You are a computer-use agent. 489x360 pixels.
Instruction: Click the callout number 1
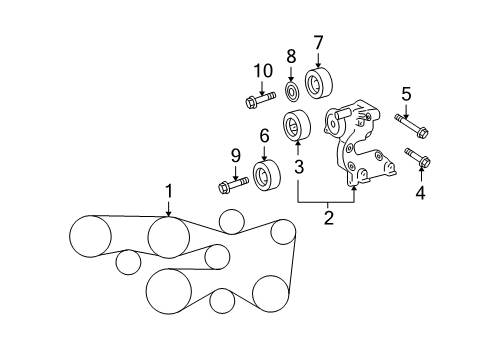tap(169, 190)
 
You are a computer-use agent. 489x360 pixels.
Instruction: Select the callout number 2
tap(327, 214)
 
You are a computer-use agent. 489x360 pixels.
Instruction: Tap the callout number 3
tap(298, 162)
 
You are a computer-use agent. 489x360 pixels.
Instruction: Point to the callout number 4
tap(420, 194)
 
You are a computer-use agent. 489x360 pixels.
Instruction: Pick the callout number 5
tap(406, 95)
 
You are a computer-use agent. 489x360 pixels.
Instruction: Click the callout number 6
tap(265, 136)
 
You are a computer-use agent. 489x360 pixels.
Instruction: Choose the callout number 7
tap(318, 43)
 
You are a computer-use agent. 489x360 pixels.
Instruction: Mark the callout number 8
tap(291, 57)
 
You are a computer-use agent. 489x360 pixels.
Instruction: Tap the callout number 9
tap(236, 155)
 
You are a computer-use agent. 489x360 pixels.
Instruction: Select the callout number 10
tap(262, 70)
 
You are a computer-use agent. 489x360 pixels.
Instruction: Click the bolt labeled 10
tap(258, 100)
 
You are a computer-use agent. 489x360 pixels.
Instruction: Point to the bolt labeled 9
tap(232, 185)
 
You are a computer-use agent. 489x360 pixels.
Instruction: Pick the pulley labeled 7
tap(319, 81)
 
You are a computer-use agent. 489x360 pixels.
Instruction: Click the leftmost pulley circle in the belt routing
tap(91, 236)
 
